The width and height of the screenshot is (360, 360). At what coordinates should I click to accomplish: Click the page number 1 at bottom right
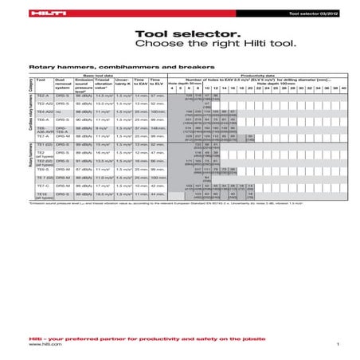coord(338,343)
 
